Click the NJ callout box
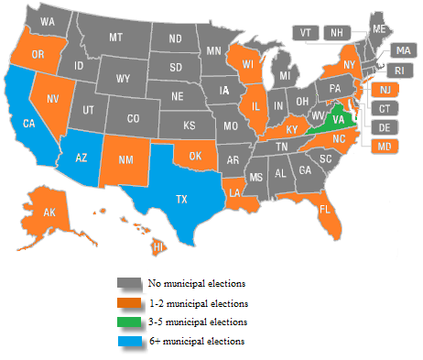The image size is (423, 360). click(x=385, y=89)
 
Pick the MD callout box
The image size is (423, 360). click(x=385, y=145)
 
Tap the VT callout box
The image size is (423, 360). click(x=306, y=32)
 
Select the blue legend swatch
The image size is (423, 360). click(x=126, y=342)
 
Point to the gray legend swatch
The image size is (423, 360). click(x=126, y=284)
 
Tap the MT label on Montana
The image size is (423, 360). click(x=116, y=38)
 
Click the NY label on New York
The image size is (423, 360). click(x=349, y=66)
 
